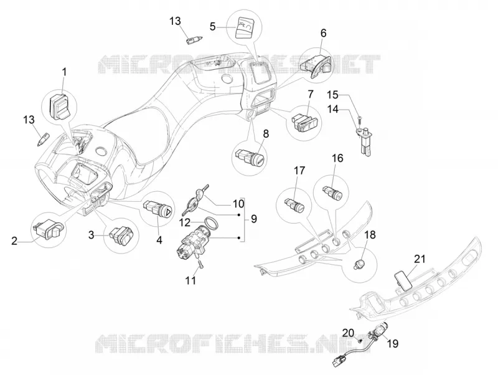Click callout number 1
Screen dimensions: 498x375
click(64, 72)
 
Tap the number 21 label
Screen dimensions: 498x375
click(419, 259)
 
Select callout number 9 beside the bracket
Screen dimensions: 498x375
click(253, 219)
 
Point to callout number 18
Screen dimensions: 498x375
click(370, 235)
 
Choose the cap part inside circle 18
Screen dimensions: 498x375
click(360, 263)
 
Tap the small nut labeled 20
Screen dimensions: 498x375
click(359, 341)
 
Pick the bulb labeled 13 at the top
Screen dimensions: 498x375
click(194, 41)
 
